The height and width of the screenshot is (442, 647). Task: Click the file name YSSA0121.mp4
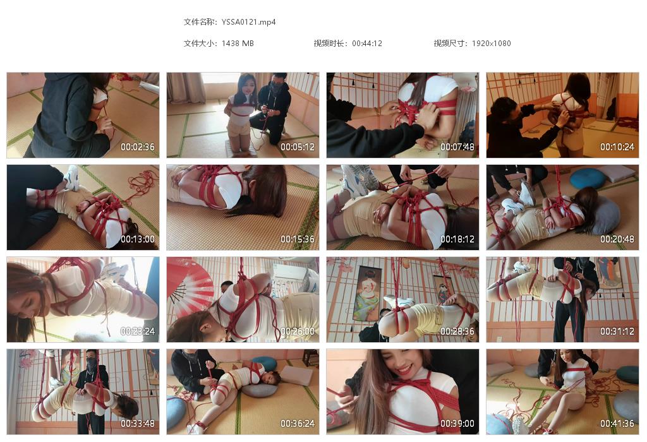pos(249,22)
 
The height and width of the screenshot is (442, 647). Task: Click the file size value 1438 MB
pos(238,44)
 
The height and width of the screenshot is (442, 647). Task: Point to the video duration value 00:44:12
pos(367,44)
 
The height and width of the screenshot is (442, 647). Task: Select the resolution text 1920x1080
pos(491,44)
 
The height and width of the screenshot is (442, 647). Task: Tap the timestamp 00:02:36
pos(138,147)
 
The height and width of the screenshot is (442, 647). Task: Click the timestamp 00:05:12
pos(298,147)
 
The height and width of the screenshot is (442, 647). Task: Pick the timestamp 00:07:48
pos(457,147)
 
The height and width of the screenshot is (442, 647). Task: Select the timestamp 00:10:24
pos(617,147)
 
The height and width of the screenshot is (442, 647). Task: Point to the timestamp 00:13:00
pos(138,239)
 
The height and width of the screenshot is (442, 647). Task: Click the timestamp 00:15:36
pos(298,239)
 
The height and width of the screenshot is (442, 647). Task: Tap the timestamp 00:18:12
pos(457,239)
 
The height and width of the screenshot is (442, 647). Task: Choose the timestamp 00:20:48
pos(617,239)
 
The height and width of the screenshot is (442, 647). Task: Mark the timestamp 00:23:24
pos(138,331)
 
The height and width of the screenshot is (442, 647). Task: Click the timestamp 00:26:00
pos(298,331)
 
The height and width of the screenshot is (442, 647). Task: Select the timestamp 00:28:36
pos(457,331)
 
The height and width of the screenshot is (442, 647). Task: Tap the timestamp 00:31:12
pos(617,331)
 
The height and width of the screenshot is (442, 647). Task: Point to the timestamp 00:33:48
pos(138,424)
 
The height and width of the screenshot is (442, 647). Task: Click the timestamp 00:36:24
pos(298,424)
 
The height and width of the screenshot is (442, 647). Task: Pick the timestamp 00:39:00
pos(457,424)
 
